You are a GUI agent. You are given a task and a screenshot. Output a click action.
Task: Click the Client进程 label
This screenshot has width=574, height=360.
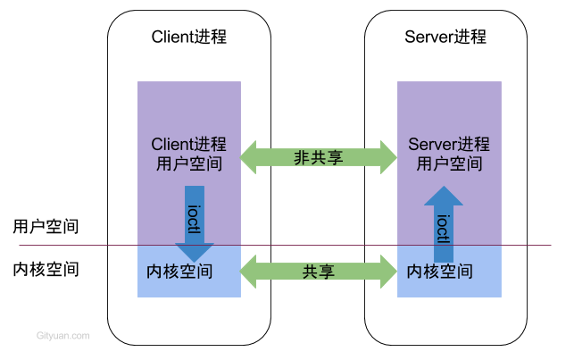point(188,145)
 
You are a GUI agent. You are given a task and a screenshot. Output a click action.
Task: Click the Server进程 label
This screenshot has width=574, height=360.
point(449,145)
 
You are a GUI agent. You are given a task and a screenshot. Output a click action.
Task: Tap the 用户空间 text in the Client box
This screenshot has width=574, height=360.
point(188,164)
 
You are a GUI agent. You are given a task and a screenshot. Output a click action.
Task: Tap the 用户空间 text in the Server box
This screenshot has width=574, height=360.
point(450,164)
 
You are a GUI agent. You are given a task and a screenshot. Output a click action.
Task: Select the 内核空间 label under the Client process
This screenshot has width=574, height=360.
point(179,271)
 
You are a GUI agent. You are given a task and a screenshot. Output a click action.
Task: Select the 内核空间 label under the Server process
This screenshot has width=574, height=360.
point(439,271)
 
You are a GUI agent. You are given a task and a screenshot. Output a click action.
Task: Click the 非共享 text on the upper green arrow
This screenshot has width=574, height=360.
point(319,158)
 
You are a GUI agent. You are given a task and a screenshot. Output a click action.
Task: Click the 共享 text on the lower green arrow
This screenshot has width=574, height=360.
point(319,272)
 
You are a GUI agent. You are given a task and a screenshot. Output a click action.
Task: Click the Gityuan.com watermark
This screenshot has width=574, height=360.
point(62,336)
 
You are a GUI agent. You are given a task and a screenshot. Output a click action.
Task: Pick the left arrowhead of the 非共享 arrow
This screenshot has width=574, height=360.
point(250,157)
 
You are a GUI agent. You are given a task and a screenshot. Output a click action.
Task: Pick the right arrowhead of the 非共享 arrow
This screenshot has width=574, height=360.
point(387,157)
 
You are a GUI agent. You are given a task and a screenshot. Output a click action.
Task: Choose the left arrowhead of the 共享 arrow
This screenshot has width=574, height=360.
point(250,272)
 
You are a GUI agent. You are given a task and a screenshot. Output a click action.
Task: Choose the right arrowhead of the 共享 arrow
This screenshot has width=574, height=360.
point(387,272)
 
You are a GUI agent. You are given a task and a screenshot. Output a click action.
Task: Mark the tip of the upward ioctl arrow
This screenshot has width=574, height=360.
point(444,188)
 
